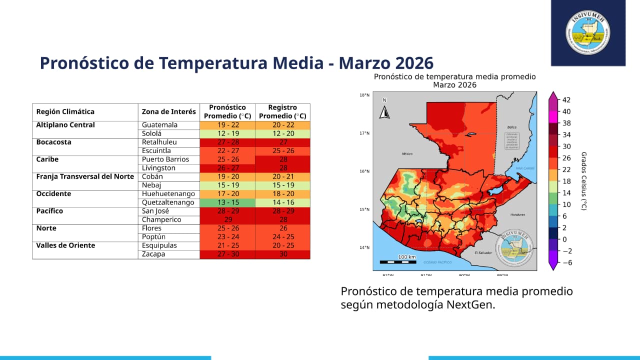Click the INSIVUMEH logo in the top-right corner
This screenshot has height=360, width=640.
click(x=588, y=32)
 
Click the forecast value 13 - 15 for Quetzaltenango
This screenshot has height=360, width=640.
click(x=227, y=202)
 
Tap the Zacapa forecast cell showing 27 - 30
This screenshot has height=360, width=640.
click(x=227, y=254)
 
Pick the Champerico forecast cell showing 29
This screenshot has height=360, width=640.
click(x=227, y=220)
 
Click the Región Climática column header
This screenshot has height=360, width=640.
click(x=65, y=112)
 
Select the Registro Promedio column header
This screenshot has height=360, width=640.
click(x=282, y=112)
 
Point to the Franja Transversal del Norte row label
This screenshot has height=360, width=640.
click(x=85, y=176)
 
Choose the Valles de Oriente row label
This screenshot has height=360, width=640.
click(x=65, y=245)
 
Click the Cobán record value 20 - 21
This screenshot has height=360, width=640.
click(x=282, y=176)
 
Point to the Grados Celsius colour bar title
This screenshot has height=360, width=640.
click(x=584, y=181)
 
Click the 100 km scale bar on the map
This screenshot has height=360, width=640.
click(x=397, y=260)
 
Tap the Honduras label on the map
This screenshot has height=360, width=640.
click(x=517, y=214)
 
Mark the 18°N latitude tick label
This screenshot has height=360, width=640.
click(x=364, y=95)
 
